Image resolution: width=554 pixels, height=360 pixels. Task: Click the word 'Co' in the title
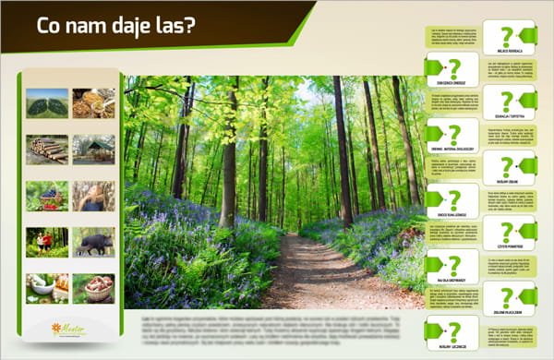pyautogui.click(x=47, y=25)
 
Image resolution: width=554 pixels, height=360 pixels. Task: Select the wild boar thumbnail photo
pyautogui.click(x=94, y=242)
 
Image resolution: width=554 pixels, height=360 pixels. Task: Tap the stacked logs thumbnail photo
pyautogui.click(x=47, y=150)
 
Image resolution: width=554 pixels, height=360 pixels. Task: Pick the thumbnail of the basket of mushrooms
pyautogui.click(x=94, y=288)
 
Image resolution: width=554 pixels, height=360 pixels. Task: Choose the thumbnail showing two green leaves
pyautogui.click(x=47, y=102)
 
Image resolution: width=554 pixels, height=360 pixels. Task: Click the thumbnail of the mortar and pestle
pyautogui.click(x=47, y=288)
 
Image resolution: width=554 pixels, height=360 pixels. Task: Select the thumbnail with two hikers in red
pyautogui.click(x=47, y=242)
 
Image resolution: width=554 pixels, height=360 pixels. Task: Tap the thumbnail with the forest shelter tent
pyautogui.click(x=94, y=150)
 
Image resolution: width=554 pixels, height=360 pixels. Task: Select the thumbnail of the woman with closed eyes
pyautogui.click(x=94, y=196)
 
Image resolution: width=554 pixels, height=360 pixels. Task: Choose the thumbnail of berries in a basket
pyautogui.click(x=47, y=196)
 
